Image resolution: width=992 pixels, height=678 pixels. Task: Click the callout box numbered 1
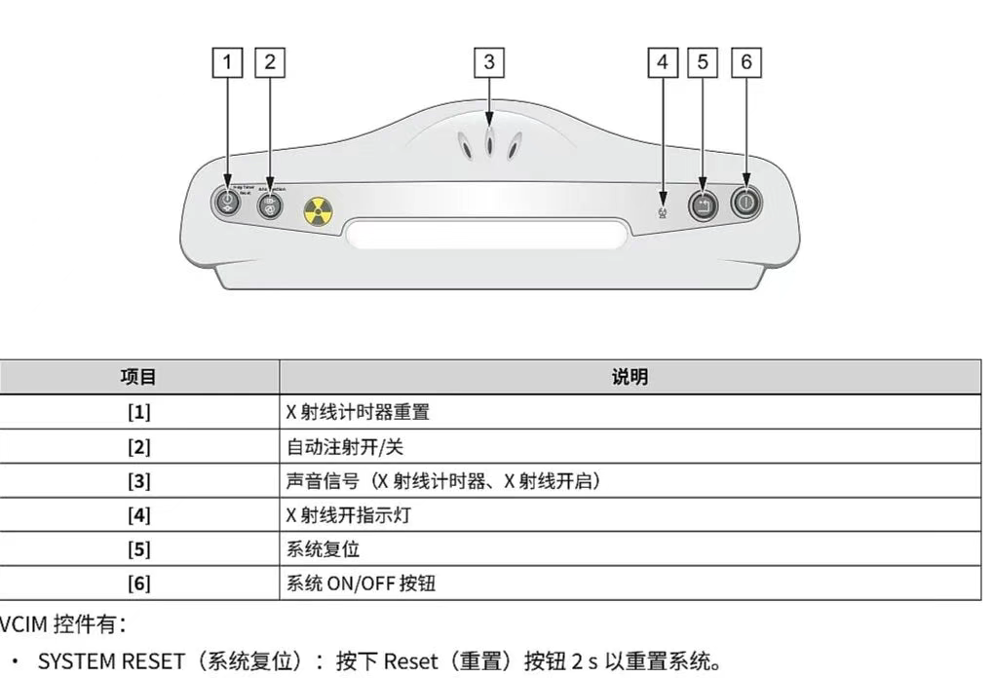(228, 62)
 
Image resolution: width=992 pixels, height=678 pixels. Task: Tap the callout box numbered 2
(270, 62)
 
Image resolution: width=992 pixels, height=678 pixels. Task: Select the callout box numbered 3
(489, 62)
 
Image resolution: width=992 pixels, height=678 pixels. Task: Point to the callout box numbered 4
(663, 62)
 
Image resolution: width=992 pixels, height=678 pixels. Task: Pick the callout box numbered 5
(703, 62)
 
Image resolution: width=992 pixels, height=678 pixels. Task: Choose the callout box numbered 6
(746, 62)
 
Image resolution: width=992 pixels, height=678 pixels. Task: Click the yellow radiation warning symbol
(318, 209)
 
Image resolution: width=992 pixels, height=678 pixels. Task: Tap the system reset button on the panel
(703, 205)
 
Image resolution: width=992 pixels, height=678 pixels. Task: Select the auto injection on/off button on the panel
(270, 206)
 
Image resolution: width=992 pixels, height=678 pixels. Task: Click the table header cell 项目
(138, 377)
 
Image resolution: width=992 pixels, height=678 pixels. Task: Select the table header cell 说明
(630, 377)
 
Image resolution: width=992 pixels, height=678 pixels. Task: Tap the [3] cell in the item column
(138, 480)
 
